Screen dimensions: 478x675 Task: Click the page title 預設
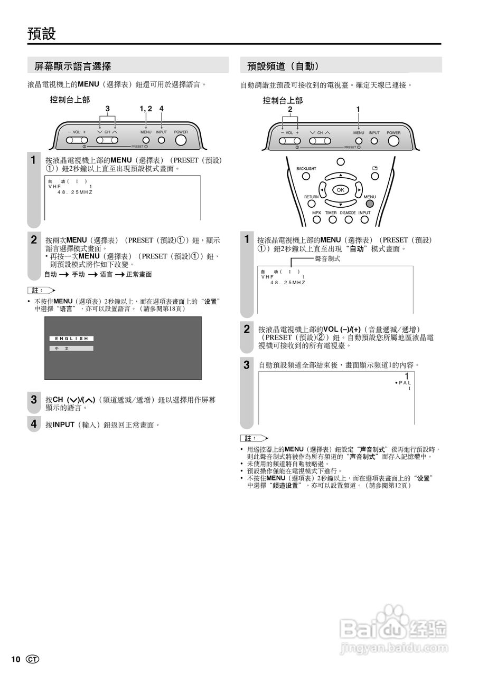tap(42, 34)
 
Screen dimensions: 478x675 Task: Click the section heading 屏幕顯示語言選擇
tap(73, 66)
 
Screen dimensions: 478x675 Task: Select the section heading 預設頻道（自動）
tap(283, 66)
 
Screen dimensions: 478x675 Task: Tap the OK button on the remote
tap(340, 190)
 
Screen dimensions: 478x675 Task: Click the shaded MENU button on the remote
tap(370, 204)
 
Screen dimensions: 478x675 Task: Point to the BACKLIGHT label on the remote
tap(306, 169)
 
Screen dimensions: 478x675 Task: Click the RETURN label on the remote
tap(311, 197)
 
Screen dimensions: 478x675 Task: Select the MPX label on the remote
tap(316, 213)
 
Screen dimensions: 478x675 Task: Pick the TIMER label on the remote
tap(331, 213)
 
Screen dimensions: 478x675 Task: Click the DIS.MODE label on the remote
tap(348, 213)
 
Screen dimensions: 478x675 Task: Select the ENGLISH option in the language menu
tap(72, 339)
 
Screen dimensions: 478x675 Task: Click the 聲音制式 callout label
tap(327, 258)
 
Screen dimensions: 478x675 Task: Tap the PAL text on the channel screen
tap(405, 382)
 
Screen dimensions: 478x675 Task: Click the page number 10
tap(15, 660)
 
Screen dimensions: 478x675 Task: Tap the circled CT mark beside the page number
tap(33, 660)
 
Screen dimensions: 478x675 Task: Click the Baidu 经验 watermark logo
tap(394, 627)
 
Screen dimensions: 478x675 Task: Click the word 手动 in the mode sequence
tap(78, 275)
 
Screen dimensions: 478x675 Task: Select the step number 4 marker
tap(33, 424)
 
